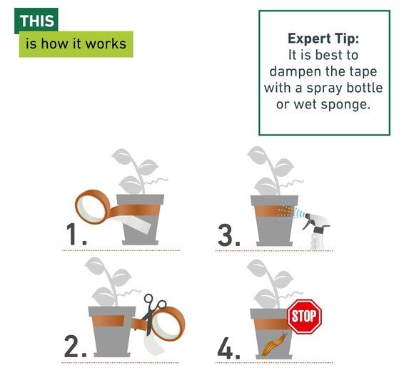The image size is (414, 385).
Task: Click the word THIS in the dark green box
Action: coord(36,21)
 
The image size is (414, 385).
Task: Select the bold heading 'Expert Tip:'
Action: coord(323,38)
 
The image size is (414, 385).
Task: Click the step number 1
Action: coord(76,234)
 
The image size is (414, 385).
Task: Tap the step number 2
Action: coord(75,346)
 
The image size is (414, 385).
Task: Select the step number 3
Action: coord(229,235)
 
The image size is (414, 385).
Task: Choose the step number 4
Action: coord(228,348)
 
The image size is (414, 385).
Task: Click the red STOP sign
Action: coord(304,317)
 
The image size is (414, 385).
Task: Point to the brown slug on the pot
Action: coord(274,344)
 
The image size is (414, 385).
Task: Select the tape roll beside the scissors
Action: coord(168,324)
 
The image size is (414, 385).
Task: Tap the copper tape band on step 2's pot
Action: coord(108,321)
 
